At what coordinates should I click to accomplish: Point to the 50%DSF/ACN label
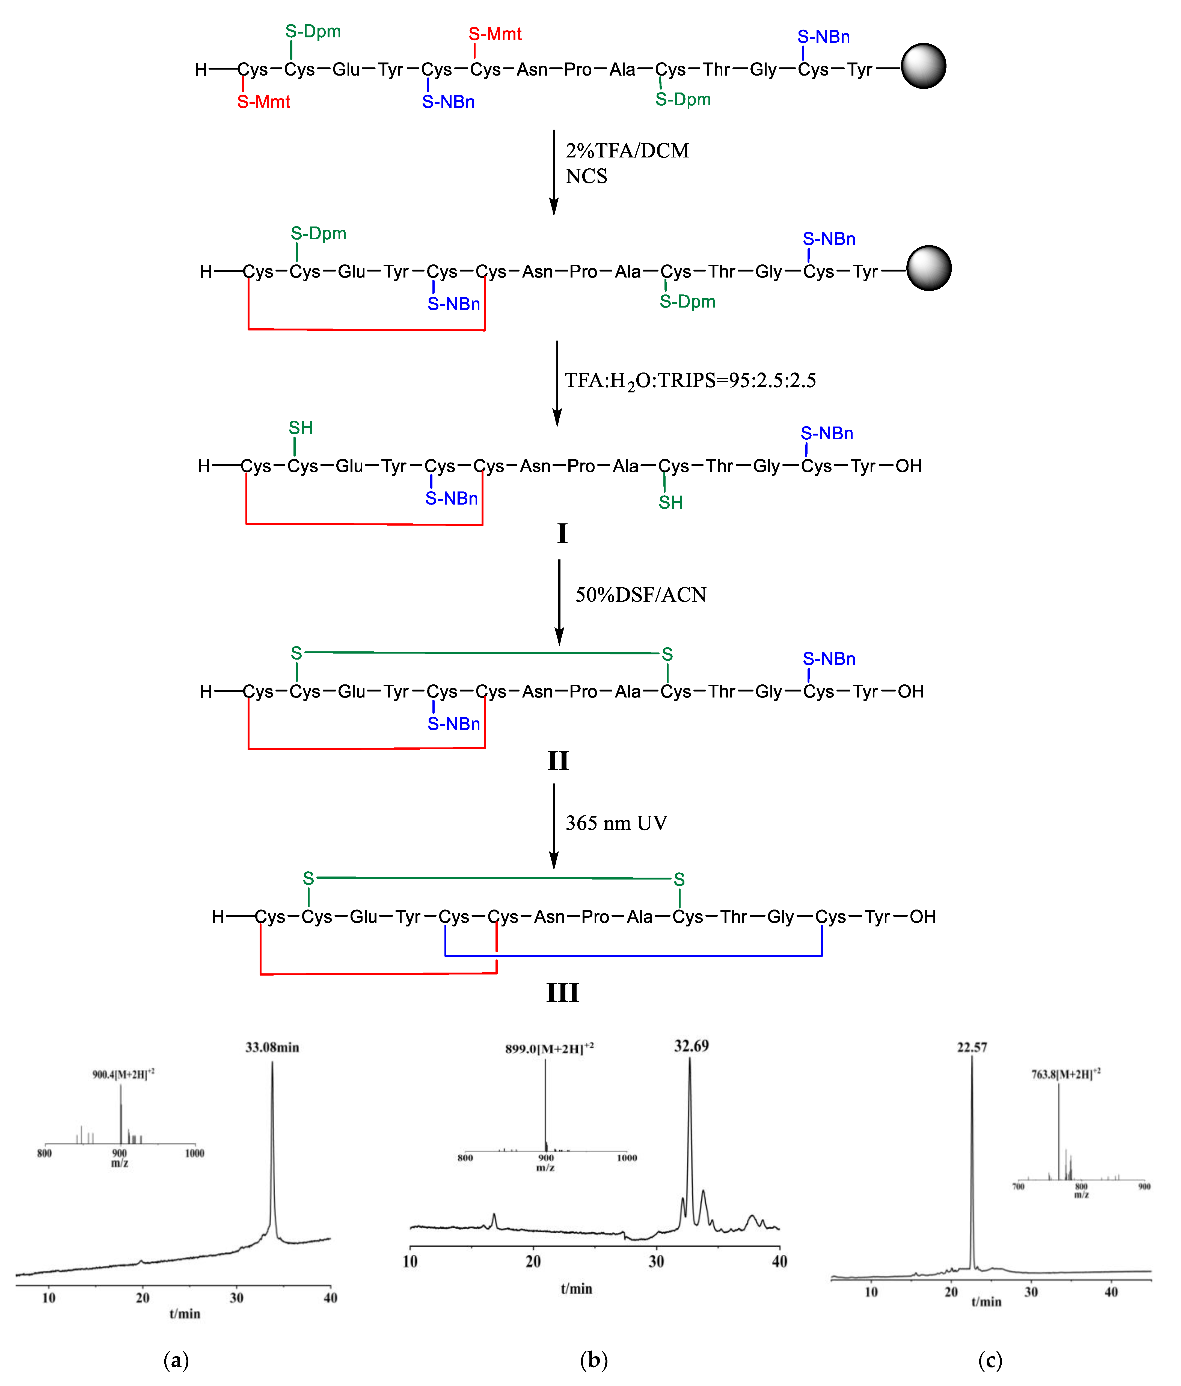(640, 595)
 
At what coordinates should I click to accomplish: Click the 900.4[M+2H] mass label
(123, 1074)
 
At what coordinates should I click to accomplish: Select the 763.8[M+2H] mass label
(1065, 1074)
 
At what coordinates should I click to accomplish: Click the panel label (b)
(594, 1359)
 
